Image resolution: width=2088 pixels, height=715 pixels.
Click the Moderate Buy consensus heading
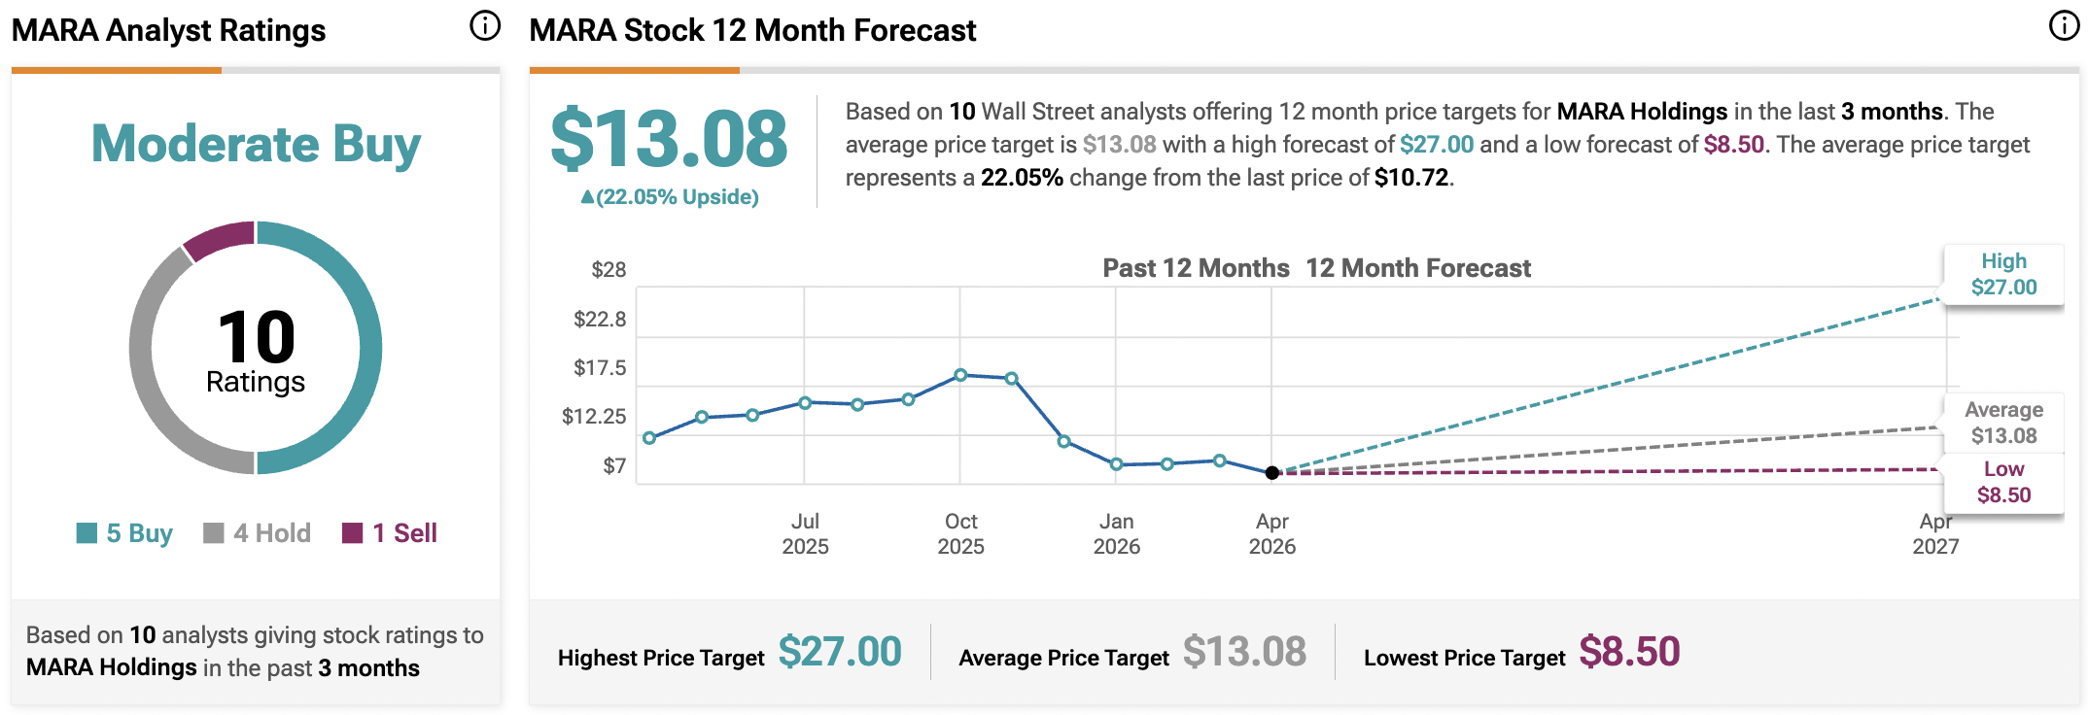(256, 145)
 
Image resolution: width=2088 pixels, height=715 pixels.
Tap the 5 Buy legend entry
(125, 533)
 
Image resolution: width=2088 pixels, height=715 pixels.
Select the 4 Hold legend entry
(258, 533)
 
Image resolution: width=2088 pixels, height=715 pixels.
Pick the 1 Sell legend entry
(391, 533)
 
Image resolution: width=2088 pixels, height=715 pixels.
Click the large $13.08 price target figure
(669, 139)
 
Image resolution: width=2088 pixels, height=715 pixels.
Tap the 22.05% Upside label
(670, 197)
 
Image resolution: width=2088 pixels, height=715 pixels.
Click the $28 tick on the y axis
(609, 270)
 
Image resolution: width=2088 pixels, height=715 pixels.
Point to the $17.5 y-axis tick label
(600, 368)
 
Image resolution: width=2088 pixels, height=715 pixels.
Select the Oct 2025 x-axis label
(960, 534)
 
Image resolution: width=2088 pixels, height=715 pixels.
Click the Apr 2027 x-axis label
(1935, 534)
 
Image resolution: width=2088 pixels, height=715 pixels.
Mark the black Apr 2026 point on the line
(1272, 473)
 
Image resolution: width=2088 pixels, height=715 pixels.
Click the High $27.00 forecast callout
(2003, 275)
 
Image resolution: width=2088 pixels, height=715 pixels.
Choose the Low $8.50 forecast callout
(2003, 482)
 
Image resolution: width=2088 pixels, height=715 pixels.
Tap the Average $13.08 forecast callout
(2003, 423)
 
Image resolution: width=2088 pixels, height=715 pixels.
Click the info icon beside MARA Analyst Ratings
(485, 26)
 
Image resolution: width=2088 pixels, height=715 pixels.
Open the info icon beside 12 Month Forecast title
(2064, 26)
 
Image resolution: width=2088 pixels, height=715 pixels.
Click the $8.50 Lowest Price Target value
(1629, 652)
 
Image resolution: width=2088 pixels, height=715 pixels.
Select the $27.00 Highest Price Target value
(840, 652)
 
